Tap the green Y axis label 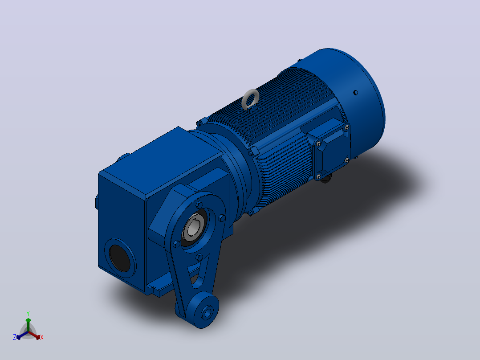pyautogui.click(x=28, y=313)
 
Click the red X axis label pyautogui.click(x=42, y=337)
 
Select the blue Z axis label pyautogui.click(x=15, y=337)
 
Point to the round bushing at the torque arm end pyautogui.click(x=207, y=312)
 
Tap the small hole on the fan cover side pyautogui.click(x=355, y=93)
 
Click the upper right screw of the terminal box pyautogui.click(x=346, y=127)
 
